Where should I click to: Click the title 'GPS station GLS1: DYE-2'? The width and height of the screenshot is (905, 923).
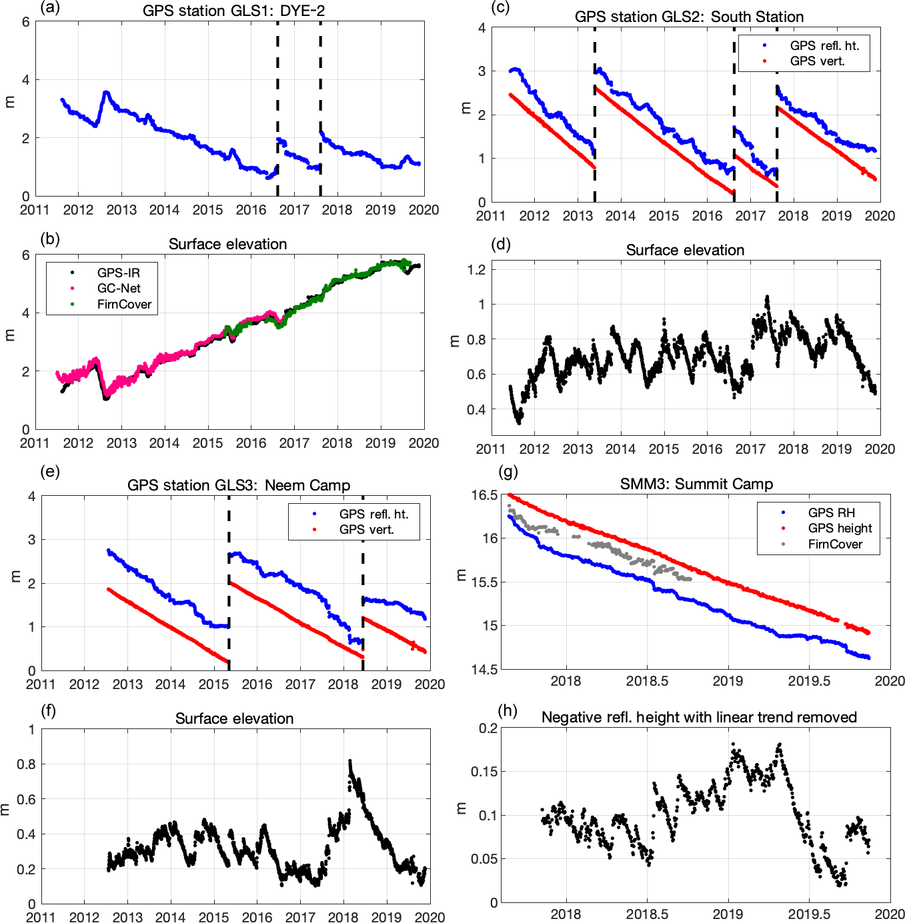point(233,11)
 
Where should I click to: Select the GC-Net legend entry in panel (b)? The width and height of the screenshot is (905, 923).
point(119,289)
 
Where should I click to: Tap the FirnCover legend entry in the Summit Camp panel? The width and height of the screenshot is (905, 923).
point(835,544)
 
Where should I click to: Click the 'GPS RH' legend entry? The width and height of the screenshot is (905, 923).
point(831,512)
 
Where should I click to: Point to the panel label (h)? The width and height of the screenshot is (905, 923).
point(508,710)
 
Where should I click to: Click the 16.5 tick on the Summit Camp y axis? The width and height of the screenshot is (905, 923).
point(484,495)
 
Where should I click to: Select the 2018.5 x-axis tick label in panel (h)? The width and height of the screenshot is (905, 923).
point(647,914)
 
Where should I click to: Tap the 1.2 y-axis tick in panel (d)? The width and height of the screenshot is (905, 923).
point(476,270)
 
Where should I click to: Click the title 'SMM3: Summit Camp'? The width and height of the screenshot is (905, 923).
point(696,484)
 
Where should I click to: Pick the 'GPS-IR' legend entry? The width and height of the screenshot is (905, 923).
point(119,273)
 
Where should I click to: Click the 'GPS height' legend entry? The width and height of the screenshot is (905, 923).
point(840,528)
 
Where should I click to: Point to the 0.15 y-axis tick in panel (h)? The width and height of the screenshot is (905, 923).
point(484,772)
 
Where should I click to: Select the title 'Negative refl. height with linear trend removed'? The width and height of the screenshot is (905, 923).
point(699,717)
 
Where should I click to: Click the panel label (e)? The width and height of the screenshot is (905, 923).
point(50,472)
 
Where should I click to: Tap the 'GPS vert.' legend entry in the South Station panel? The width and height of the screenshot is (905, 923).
point(817,61)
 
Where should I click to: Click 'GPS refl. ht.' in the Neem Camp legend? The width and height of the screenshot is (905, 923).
point(373,514)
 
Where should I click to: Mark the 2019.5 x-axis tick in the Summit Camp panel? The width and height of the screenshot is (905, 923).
point(809,681)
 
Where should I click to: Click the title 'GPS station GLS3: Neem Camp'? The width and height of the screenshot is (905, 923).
point(239,485)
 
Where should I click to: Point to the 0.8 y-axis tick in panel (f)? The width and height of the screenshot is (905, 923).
point(26,764)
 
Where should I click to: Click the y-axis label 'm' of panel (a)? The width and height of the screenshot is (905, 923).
point(9,102)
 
